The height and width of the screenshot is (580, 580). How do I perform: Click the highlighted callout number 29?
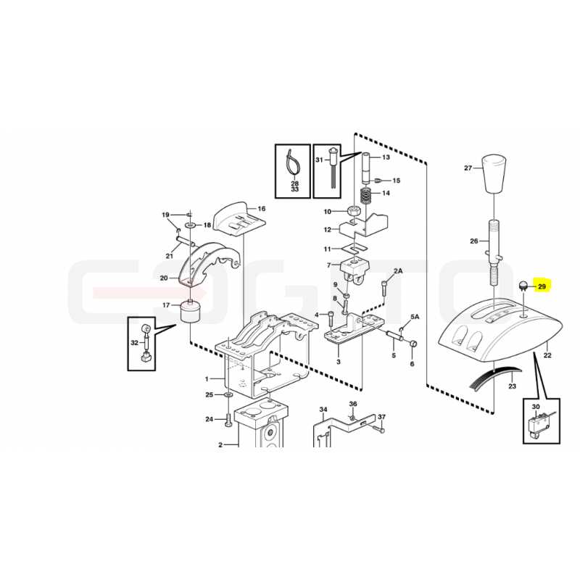click(x=542, y=286)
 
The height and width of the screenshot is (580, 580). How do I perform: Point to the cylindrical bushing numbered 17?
click(x=189, y=312)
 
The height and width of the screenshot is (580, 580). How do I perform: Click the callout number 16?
click(x=262, y=209)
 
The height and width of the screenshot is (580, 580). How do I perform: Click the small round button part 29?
click(x=523, y=286)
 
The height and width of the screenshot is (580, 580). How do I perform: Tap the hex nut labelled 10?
click(x=354, y=212)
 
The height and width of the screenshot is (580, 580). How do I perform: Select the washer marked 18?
click(x=191, y=225)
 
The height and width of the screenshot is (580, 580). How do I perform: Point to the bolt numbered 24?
click(x=227, y=420)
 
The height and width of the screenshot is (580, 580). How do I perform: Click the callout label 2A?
click(x=398, y=270)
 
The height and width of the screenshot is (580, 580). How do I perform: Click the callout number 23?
click(x=512, y=386)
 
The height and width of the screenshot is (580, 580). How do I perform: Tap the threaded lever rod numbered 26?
click(x=494, y=252)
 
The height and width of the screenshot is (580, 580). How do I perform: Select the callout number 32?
click(x=134, y=343)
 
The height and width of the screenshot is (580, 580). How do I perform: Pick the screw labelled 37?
click(x=378, y=428)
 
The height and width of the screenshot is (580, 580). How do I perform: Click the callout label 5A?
click(x=415, y=317)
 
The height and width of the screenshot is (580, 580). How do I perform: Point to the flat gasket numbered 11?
click(x=355, y=248)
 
